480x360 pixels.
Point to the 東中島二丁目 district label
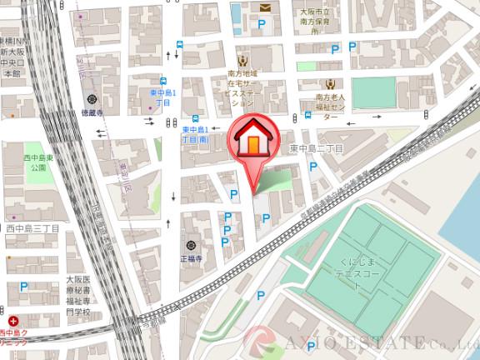(x=316, y=147)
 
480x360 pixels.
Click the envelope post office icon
(x=265, y=8)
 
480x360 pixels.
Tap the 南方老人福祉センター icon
(x=330, y=83)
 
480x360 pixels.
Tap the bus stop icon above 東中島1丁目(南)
(x=195, y=118)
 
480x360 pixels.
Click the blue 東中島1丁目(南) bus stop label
(x=201, y=137)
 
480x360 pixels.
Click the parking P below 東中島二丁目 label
(x=313, y=167)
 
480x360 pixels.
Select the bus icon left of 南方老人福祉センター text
(x=307, y=117)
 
